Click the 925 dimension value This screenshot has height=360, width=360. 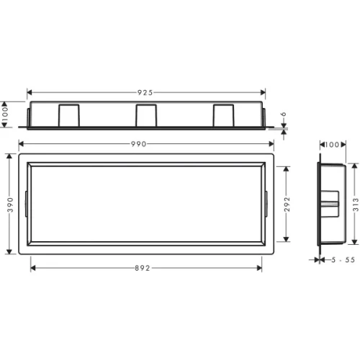pos(145,93)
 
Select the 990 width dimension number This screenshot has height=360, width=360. pos(138,144)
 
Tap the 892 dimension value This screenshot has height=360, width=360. pos(143,268)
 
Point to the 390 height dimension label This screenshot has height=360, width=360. pos(10,204)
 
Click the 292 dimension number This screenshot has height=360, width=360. pos(287,204)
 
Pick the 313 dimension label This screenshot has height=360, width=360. pos(356,204)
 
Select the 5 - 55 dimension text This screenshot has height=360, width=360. pos(343,260)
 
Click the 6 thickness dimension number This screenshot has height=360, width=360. pos(284,114)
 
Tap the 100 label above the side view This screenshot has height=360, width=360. pos(333,145)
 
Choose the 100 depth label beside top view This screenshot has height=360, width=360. pos(5,114)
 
